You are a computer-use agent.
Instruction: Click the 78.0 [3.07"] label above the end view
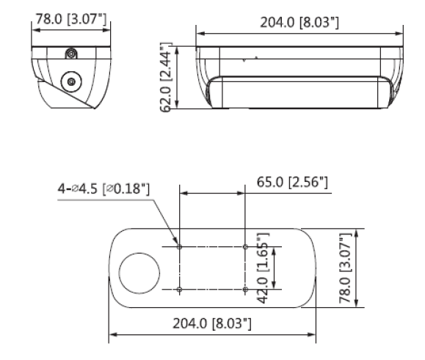click(x=71, y=19)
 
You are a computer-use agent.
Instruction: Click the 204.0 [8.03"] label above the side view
click(x=299, y=22)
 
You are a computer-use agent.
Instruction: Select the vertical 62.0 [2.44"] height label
click(x=166, y=77)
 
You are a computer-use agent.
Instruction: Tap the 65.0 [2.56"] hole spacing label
click(x=292, y=182)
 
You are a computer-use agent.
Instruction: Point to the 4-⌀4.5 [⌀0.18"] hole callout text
click(x=103, y=188)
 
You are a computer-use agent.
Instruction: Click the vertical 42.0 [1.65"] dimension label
click(x=263, y=268)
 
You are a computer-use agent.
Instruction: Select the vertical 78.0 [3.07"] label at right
click(x=346, y=268)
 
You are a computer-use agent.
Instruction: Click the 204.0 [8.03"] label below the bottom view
click(x=212, y=323)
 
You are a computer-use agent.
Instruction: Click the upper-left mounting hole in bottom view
click(x=179, y=247)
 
